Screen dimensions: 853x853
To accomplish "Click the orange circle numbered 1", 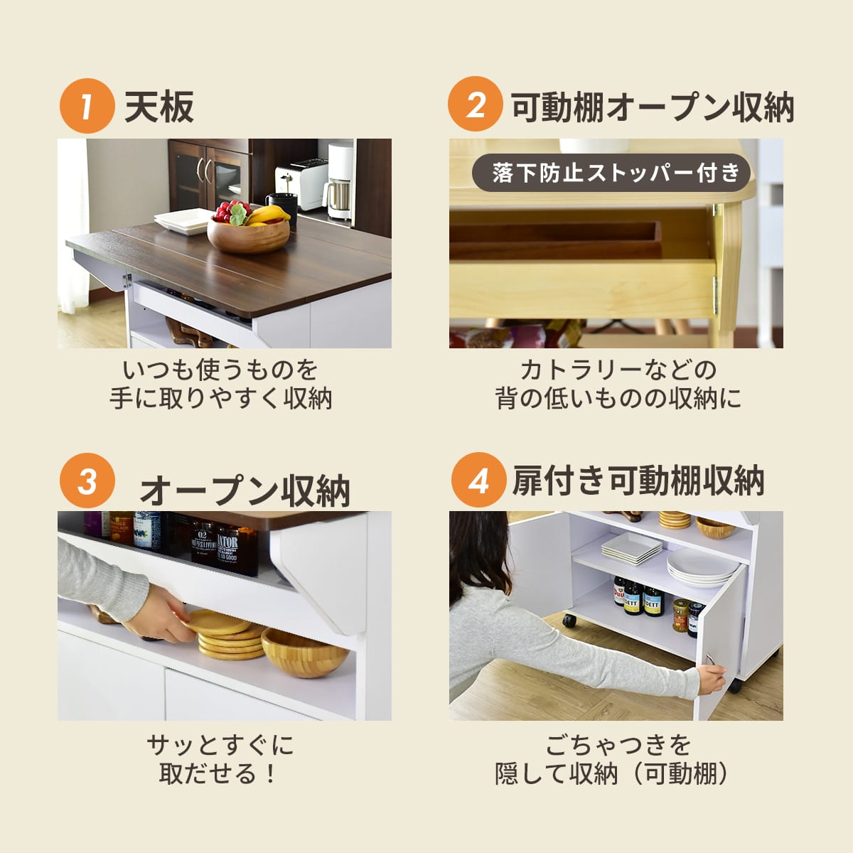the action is coord(87,106).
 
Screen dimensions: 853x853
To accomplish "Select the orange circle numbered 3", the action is coord(87,481).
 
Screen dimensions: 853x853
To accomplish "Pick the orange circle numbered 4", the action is coord(478,479).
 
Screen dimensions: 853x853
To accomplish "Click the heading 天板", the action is coord(159,107).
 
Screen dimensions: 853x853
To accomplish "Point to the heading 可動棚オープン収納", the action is coord(653,107).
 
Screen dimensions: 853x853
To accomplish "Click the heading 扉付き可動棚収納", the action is coord(638,481).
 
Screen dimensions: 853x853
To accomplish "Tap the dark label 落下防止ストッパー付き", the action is coord(611,173).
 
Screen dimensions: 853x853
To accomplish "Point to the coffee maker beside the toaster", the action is coord(340,181).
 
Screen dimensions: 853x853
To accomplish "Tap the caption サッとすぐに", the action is coord(220,746).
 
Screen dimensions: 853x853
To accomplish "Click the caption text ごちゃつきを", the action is coord(618,746).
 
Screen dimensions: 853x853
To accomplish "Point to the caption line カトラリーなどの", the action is coord(618,370).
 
